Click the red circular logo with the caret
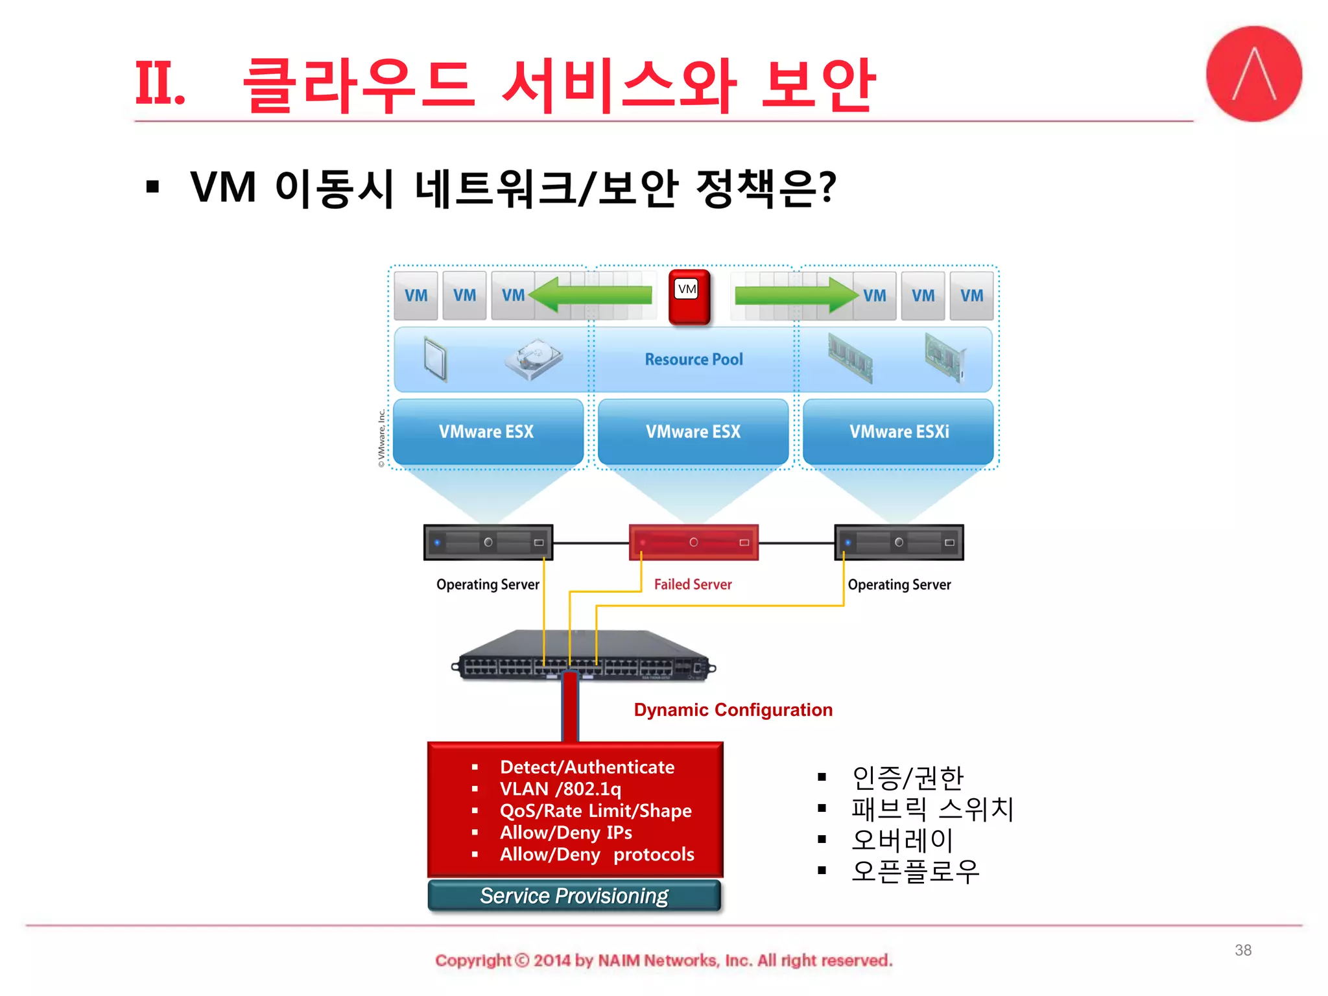1253,74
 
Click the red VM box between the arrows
689,296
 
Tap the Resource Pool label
693,359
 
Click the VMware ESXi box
898,432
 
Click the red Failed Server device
693,542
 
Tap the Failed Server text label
693,584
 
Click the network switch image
584,656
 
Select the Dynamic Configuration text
733,710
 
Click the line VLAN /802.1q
560,789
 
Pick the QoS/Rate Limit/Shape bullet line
595,811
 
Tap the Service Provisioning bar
575,896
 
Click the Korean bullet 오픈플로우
914,871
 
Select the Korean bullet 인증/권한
907,777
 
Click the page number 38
1242,950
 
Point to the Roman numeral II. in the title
160,83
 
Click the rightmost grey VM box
971,296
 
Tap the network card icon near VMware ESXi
945,357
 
